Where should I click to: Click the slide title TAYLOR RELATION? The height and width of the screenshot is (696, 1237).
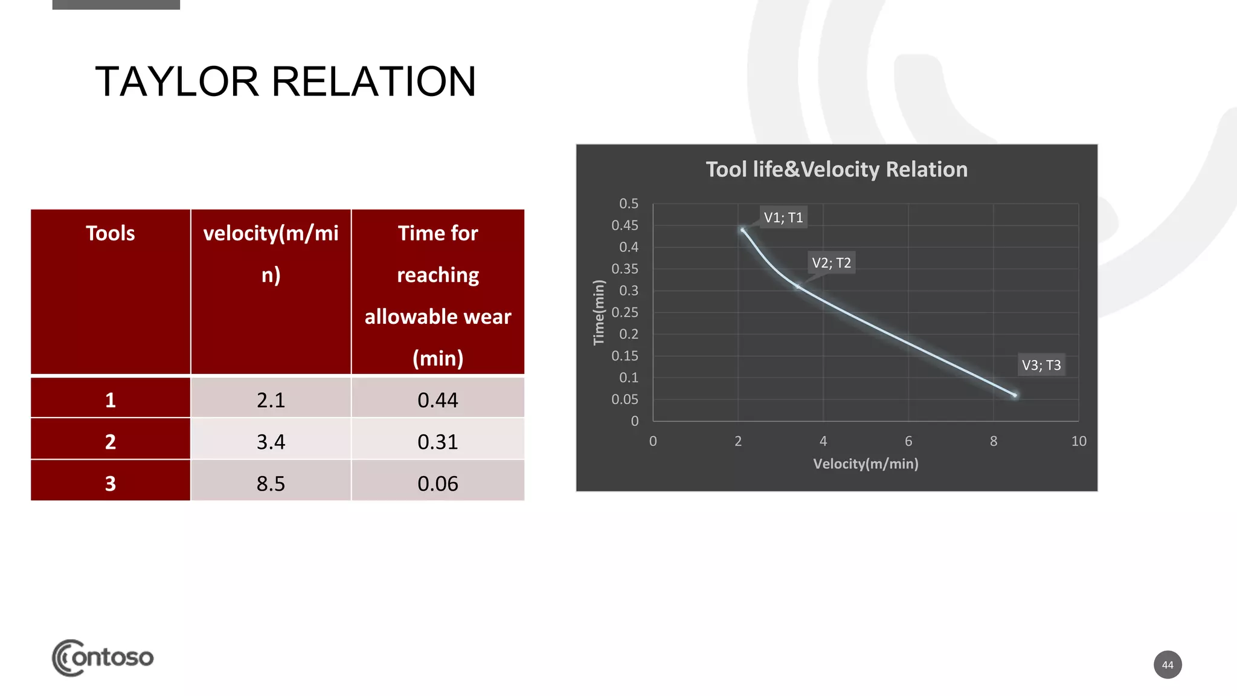click(286, 82)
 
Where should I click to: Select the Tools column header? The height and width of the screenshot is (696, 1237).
click(111, 233)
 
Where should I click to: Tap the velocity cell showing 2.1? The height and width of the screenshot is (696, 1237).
click(271, 400)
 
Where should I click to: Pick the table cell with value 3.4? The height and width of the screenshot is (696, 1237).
click(271, 442)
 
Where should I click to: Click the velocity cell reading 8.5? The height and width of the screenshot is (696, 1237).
click(271, 483)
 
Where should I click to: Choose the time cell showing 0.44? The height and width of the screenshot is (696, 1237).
click(438, 400)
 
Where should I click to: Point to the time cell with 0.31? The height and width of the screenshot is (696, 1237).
click(438, 442)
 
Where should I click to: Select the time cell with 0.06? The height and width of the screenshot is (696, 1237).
click(438, 483)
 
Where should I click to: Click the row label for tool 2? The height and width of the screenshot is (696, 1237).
click(111, 442)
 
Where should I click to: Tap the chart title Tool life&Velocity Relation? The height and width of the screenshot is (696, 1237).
click(837, 170)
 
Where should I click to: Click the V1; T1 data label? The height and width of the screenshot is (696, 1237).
click(783, 217)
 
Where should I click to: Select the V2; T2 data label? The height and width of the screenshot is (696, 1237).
click(831, 263)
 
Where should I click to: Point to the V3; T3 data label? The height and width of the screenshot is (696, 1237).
click(1041, 365)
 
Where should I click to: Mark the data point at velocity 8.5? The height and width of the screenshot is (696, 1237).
click(1015, 395)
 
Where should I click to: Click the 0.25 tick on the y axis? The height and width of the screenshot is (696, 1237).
click(625, 312)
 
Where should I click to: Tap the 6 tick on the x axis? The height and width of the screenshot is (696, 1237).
click(908, 442)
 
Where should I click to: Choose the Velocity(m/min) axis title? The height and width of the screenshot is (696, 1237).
click(866, 464)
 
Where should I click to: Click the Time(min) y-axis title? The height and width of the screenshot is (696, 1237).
click(599, 312)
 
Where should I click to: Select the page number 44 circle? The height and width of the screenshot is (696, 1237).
click(1168, 665)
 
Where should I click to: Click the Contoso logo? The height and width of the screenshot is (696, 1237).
click(103, 657)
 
